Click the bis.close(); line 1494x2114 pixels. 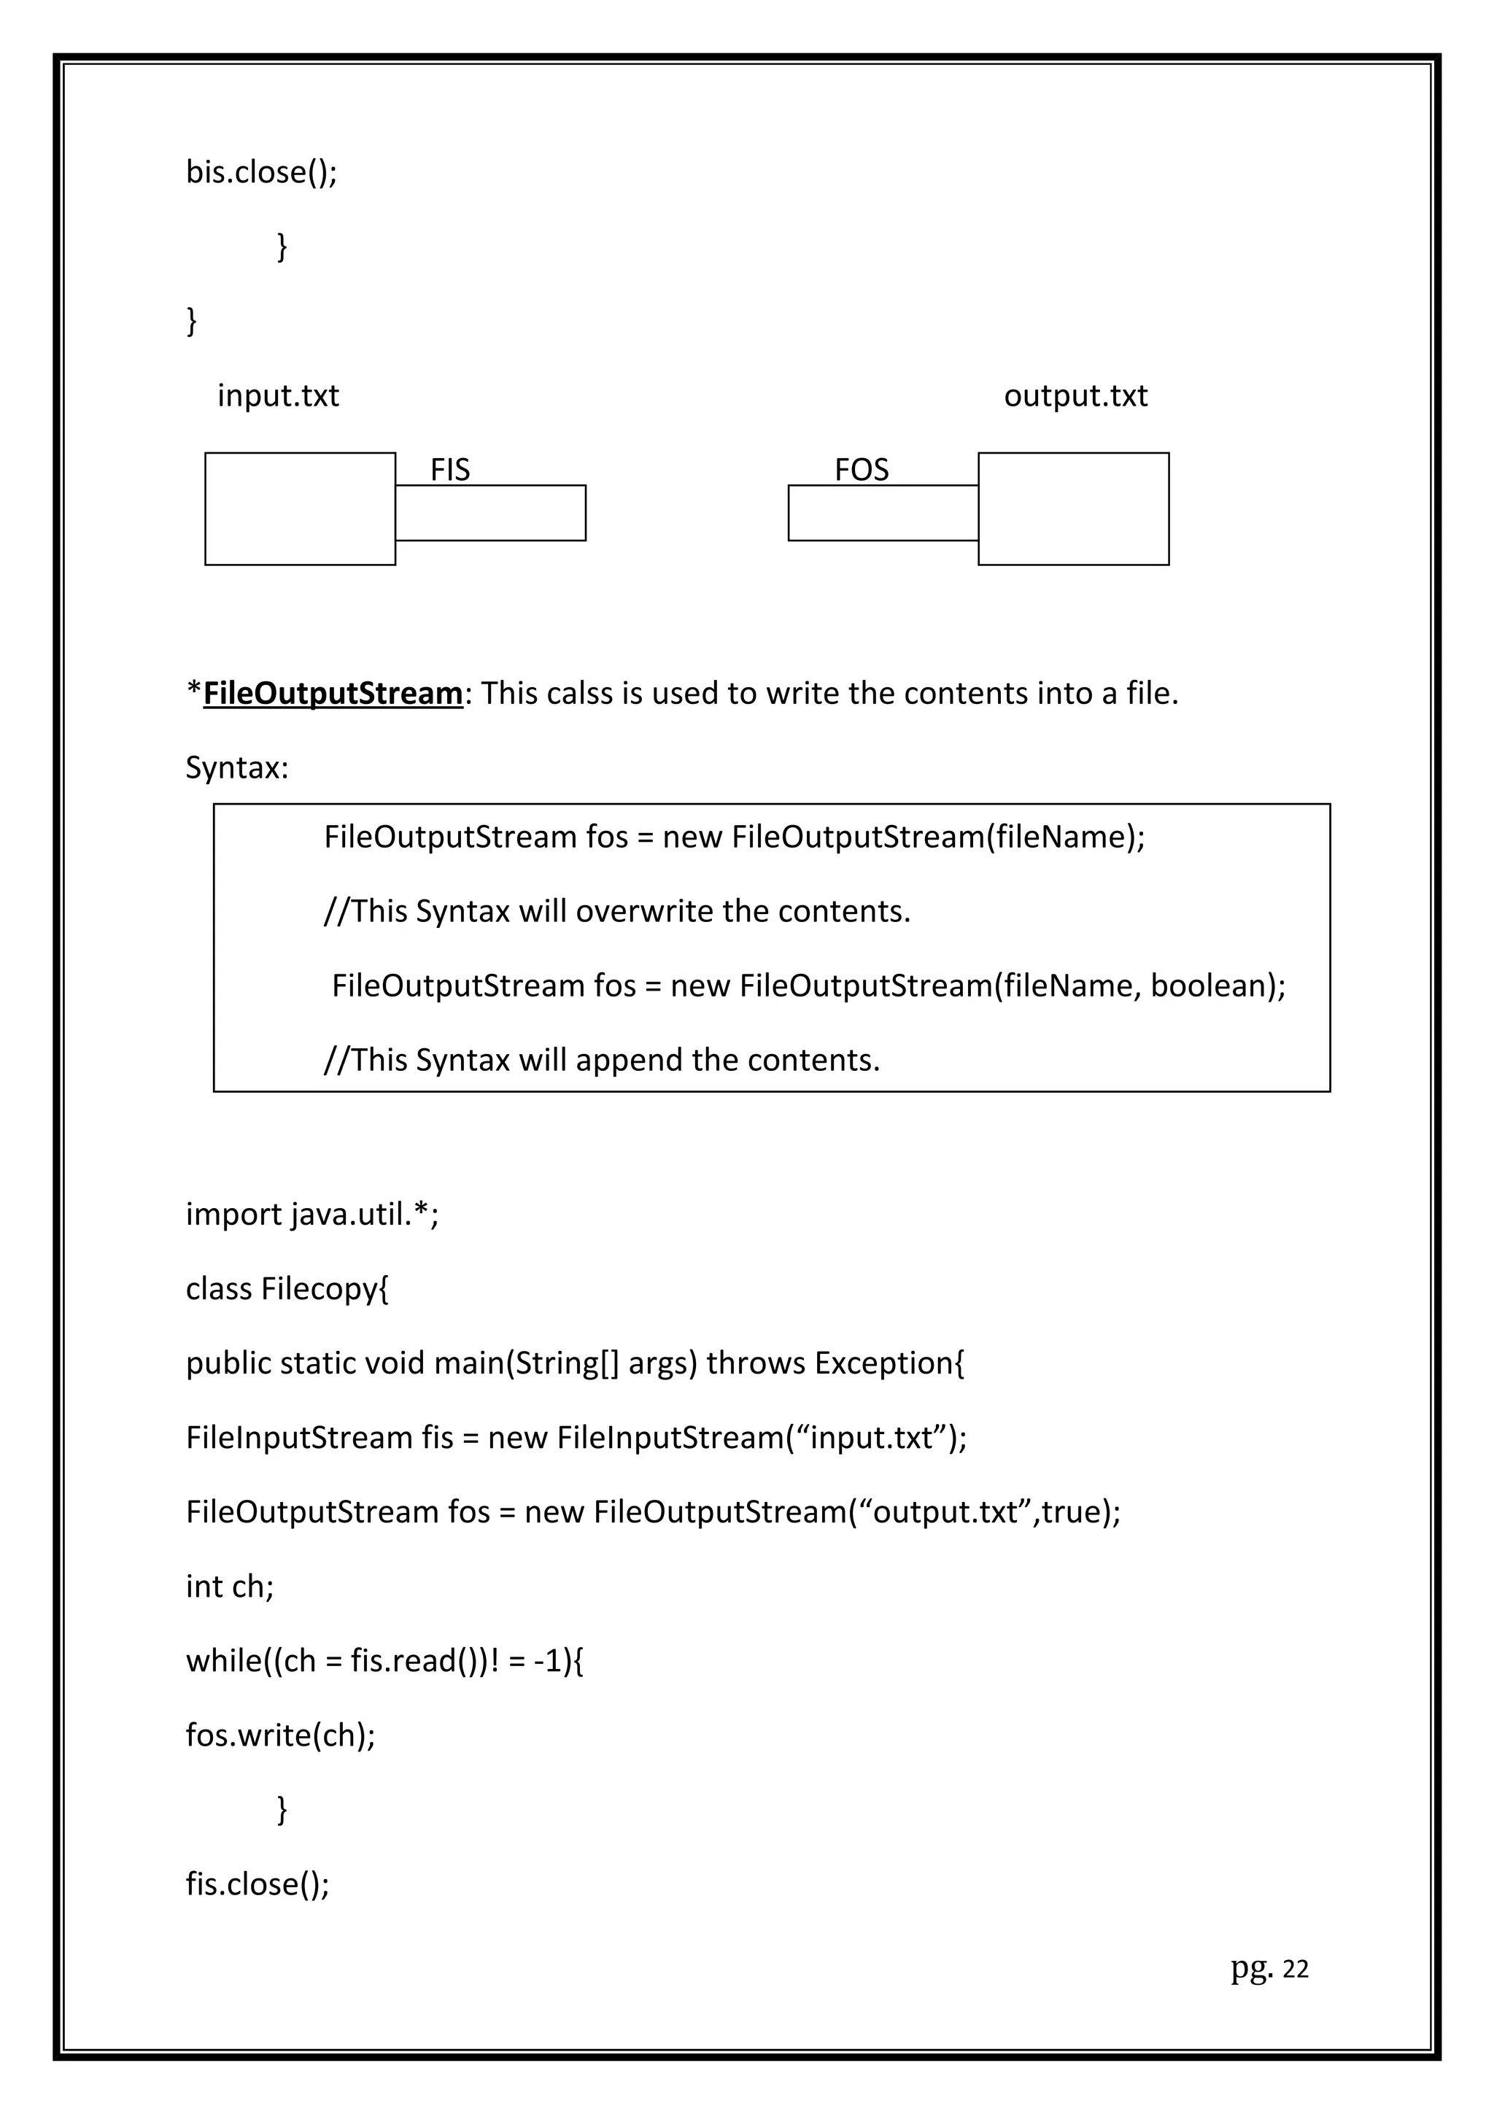261,172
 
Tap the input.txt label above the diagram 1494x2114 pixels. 278,396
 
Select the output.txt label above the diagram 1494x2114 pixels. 1075,396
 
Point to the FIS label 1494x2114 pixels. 450,470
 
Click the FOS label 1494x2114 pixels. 862,470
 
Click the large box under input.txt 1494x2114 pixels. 300,508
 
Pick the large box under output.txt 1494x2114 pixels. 1073,508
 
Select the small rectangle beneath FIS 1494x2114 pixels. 491,513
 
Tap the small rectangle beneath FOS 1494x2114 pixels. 883,513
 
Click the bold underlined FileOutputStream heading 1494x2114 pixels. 333,693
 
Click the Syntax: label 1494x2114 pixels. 236,767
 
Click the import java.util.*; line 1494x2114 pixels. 312,1215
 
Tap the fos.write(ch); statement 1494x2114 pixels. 281,1735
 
